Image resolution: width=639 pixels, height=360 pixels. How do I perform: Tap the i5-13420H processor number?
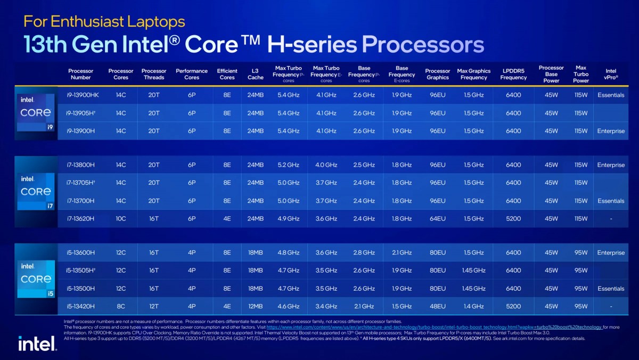[x=80, y=306]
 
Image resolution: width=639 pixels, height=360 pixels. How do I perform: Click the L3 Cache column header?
[x=255, y=74]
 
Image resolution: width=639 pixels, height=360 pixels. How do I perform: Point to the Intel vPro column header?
[x=611, y=74]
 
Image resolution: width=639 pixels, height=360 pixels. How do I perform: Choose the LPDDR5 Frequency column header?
[x=513, y=74]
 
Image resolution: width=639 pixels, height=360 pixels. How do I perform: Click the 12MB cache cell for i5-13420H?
[x=255, y=306]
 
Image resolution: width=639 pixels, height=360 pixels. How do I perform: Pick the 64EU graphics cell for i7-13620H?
[x=438, y=218]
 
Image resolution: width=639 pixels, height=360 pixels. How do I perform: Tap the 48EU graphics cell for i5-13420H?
[x=438, y=306]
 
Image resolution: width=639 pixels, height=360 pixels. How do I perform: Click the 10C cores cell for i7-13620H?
[x=121, y=218]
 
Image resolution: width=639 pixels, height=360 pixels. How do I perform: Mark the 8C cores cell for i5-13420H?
[x=121, y=306]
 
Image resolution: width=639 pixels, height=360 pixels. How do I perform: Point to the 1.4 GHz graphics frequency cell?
[x=474, y=306]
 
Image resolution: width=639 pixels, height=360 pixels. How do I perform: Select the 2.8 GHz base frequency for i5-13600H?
[x=364, y=252]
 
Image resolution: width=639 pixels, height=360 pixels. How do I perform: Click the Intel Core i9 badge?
[x=36, y=112]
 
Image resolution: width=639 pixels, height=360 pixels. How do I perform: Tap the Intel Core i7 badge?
[x=36, y=190]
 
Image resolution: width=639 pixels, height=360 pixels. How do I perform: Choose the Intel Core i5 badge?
[x=36, y=278]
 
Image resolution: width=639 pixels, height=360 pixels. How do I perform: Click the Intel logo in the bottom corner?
[x=37, y=343]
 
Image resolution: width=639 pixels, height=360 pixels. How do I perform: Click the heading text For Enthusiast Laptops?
[x=104, y=21]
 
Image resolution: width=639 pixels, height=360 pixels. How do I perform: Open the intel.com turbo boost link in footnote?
[x=434, y=327]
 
